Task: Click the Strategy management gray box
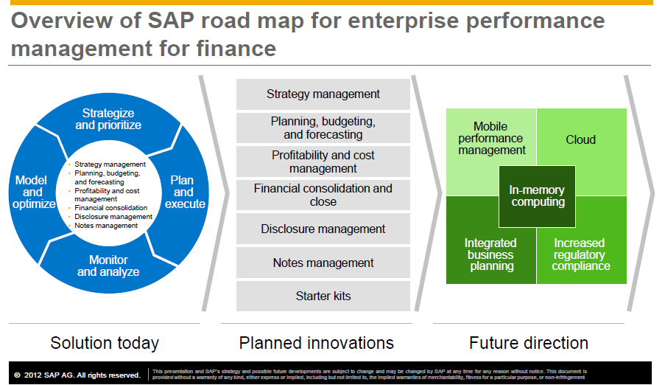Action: (323, 94)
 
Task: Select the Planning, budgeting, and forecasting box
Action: (323, 128)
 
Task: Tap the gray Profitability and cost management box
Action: (323, 162)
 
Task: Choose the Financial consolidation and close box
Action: (323, 195)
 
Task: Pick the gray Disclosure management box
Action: (323, 229)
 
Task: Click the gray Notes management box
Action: (323, 263)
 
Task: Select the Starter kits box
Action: (323, 296)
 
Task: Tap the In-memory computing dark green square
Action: (538, 196)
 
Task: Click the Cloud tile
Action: (581, 139)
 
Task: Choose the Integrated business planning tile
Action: (490, 254)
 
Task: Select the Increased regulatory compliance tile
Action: (581, 254)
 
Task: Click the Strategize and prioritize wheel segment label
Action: (108, 119)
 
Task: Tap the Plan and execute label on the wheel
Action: (184, 192)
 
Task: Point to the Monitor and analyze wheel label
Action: (108, 266)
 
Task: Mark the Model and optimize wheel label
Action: (33, 192)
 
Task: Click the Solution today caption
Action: (105, 343)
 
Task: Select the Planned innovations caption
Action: (317, 343)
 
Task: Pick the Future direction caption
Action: (529, 343)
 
